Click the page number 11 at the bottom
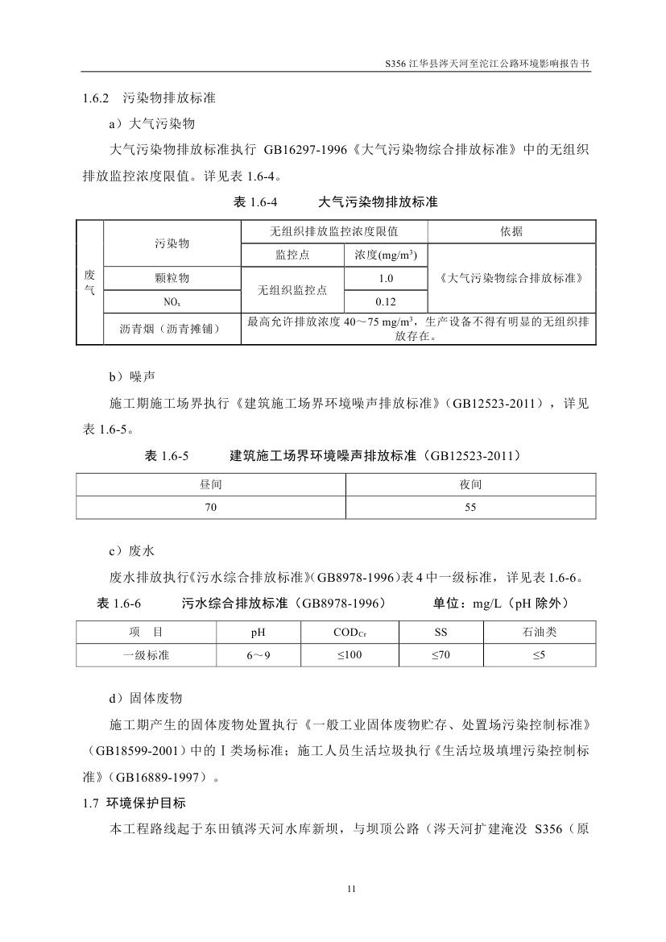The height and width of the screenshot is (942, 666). [x=350, y=888]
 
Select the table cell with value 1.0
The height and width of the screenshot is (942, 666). [x=386, y=279]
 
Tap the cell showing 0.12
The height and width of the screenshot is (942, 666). [x=386, y=301]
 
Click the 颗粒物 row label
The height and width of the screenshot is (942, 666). [x=172, y=279]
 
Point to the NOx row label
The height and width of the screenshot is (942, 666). [x=172, y=301]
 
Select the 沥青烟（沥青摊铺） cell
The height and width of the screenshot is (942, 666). [x=172, y=329]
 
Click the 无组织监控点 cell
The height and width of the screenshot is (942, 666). [x=292, y=290]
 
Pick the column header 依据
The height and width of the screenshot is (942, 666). [x=511, y=231]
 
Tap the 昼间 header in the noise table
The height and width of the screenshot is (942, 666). [x=211, y=485]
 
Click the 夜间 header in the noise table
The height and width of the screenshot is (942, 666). [x=470, y=485]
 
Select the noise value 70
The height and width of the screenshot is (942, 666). [x=211, y=508]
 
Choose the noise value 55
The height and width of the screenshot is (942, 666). [x=470, y=508]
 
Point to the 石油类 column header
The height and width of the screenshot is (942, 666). [x=539, y=633]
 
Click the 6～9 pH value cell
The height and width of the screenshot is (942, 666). [x=259, y=656]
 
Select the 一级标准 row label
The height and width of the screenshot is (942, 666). [x=146, y=656]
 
